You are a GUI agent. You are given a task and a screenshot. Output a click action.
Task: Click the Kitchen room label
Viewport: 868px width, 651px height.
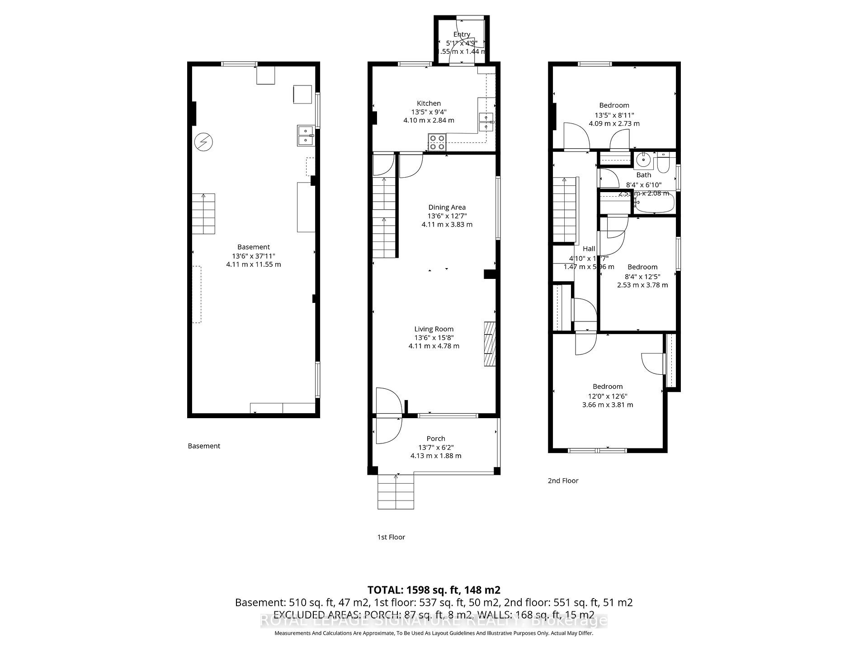429,104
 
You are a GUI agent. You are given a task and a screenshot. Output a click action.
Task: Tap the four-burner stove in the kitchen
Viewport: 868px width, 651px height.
437,142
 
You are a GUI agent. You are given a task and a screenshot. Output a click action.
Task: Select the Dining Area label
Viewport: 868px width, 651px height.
447,208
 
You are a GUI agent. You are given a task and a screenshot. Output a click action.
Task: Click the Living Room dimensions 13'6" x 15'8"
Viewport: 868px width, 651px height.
434,338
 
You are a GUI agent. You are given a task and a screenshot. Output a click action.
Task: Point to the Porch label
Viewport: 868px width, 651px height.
436,439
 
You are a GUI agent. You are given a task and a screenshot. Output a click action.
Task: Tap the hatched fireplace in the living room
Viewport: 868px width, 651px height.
490,344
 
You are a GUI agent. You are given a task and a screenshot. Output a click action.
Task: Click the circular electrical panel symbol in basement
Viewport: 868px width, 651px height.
203,142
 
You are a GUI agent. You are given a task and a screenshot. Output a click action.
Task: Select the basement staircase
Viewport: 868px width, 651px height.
203,213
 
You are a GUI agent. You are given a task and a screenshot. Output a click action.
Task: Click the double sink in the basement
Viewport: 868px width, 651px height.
306,136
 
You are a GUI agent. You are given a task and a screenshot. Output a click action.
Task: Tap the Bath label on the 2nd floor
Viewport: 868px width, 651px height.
644,175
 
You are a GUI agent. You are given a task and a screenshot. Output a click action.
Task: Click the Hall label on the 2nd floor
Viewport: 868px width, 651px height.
589,249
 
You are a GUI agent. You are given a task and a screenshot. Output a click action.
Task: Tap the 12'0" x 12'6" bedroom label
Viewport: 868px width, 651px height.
608,396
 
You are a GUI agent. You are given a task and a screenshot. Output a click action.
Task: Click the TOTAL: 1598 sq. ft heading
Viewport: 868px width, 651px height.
434,590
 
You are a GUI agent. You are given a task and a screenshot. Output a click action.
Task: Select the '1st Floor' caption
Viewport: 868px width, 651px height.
391,537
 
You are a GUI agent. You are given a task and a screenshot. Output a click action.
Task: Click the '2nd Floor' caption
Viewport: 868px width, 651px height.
563,481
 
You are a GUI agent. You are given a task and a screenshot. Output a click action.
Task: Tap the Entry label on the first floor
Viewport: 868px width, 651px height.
462,34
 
